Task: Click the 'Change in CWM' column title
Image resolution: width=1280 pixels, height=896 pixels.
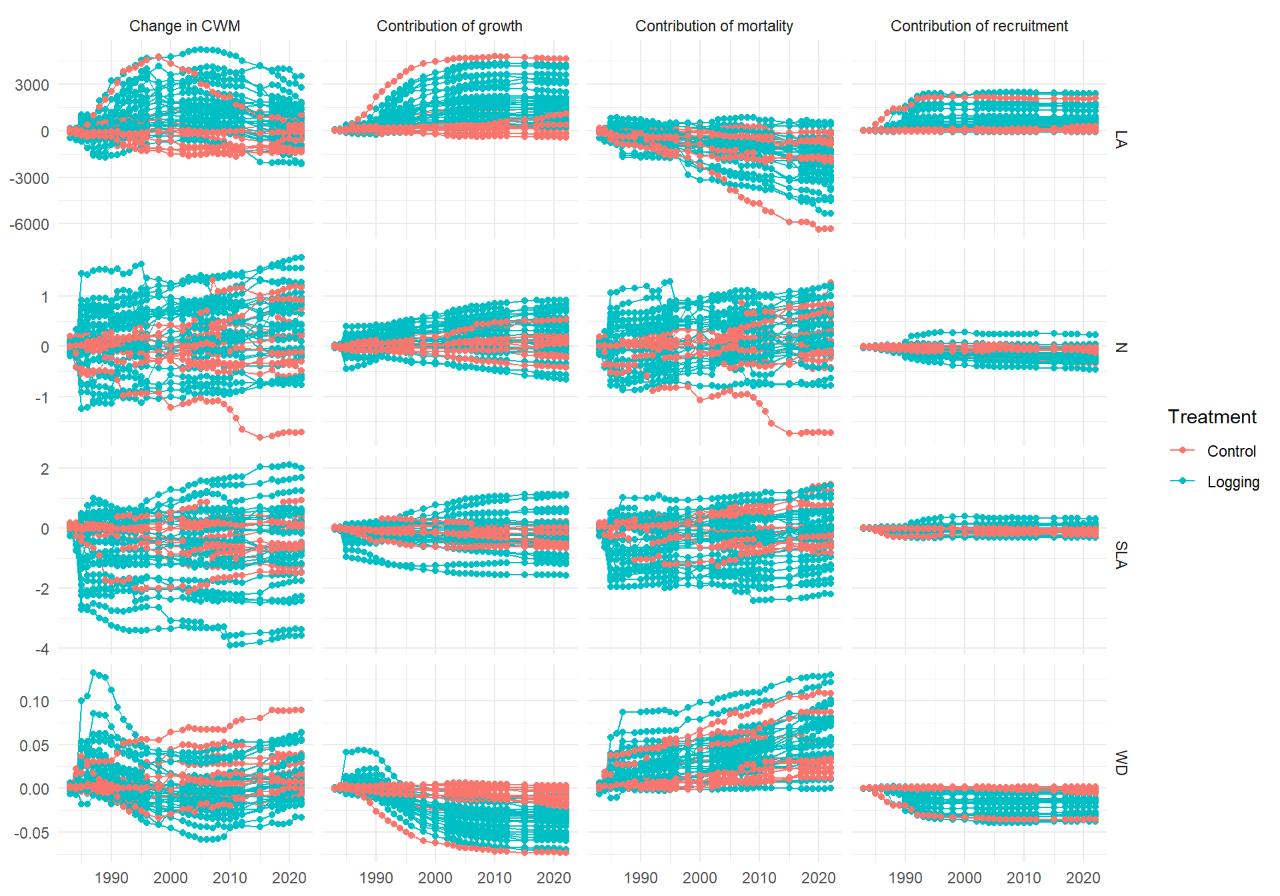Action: [185, 26]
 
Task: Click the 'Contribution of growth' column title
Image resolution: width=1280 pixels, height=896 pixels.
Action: [449, 26]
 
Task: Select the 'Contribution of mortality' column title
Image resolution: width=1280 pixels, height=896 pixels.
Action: [714, 26]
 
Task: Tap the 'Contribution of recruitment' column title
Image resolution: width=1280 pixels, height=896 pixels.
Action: [979, 26]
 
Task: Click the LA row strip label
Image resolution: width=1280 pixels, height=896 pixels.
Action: [1121, 139]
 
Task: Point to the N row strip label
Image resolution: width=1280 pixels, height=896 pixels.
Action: [1121, 347]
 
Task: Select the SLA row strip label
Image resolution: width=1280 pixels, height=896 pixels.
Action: [1121, 555]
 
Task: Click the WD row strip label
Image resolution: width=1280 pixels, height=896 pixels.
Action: [1121, 763]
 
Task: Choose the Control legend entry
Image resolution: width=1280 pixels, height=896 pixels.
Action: [1231, 451]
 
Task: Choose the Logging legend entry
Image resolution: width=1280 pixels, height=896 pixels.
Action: [1233, 482]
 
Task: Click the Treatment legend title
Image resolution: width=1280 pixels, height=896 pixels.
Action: [1211, 417]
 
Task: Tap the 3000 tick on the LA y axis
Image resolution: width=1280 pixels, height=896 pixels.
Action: [32, 85]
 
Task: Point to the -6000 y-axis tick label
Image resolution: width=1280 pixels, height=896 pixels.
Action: [29, 225]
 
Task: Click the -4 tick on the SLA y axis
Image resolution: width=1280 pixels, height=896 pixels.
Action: [42, 649]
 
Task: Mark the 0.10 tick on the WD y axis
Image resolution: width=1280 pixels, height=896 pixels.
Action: [34, 701]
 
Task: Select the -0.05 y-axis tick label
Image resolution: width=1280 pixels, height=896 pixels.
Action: [32, 833]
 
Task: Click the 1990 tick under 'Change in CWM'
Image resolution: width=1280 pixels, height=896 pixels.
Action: [111, 878]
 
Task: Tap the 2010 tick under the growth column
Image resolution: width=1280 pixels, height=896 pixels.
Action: [495, 878]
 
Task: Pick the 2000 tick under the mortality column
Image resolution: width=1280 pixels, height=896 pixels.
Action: [700, 878]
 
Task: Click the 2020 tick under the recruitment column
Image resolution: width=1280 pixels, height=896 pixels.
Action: [1083, 878]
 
